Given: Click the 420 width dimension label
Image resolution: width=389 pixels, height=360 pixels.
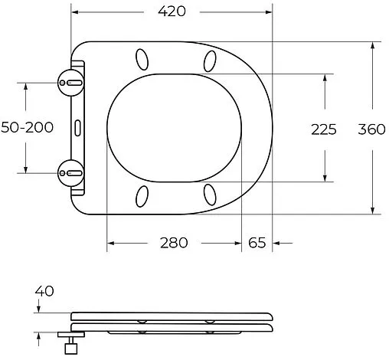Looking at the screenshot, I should click(172, 12).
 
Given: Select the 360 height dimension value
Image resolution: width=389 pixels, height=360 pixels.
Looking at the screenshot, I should click(372, 129).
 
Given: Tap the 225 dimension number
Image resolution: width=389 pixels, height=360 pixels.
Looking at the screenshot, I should click(324, 129).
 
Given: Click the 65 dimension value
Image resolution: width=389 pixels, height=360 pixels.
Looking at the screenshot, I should click(257, 243).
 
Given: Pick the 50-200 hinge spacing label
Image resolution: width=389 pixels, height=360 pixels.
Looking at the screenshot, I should click(27, 127).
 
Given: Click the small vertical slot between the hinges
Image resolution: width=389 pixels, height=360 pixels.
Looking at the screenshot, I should click(78, 127).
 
